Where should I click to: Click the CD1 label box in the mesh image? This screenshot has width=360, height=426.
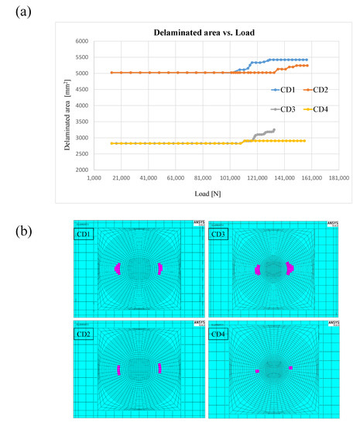[x=84, y=233]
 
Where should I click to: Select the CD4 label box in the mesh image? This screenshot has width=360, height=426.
[x=219, y=332]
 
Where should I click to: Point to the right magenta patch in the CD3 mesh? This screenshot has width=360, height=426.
[x=289, y=269]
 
